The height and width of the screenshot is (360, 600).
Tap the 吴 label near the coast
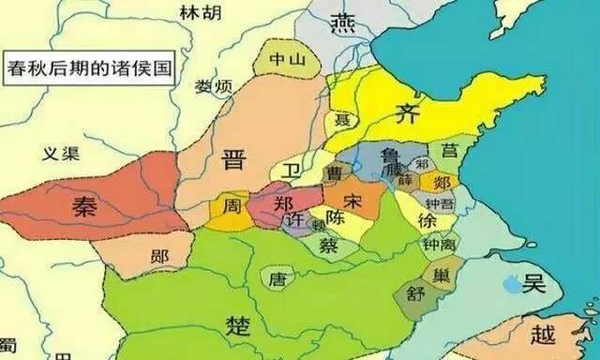535,284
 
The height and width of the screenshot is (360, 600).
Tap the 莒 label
450,150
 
